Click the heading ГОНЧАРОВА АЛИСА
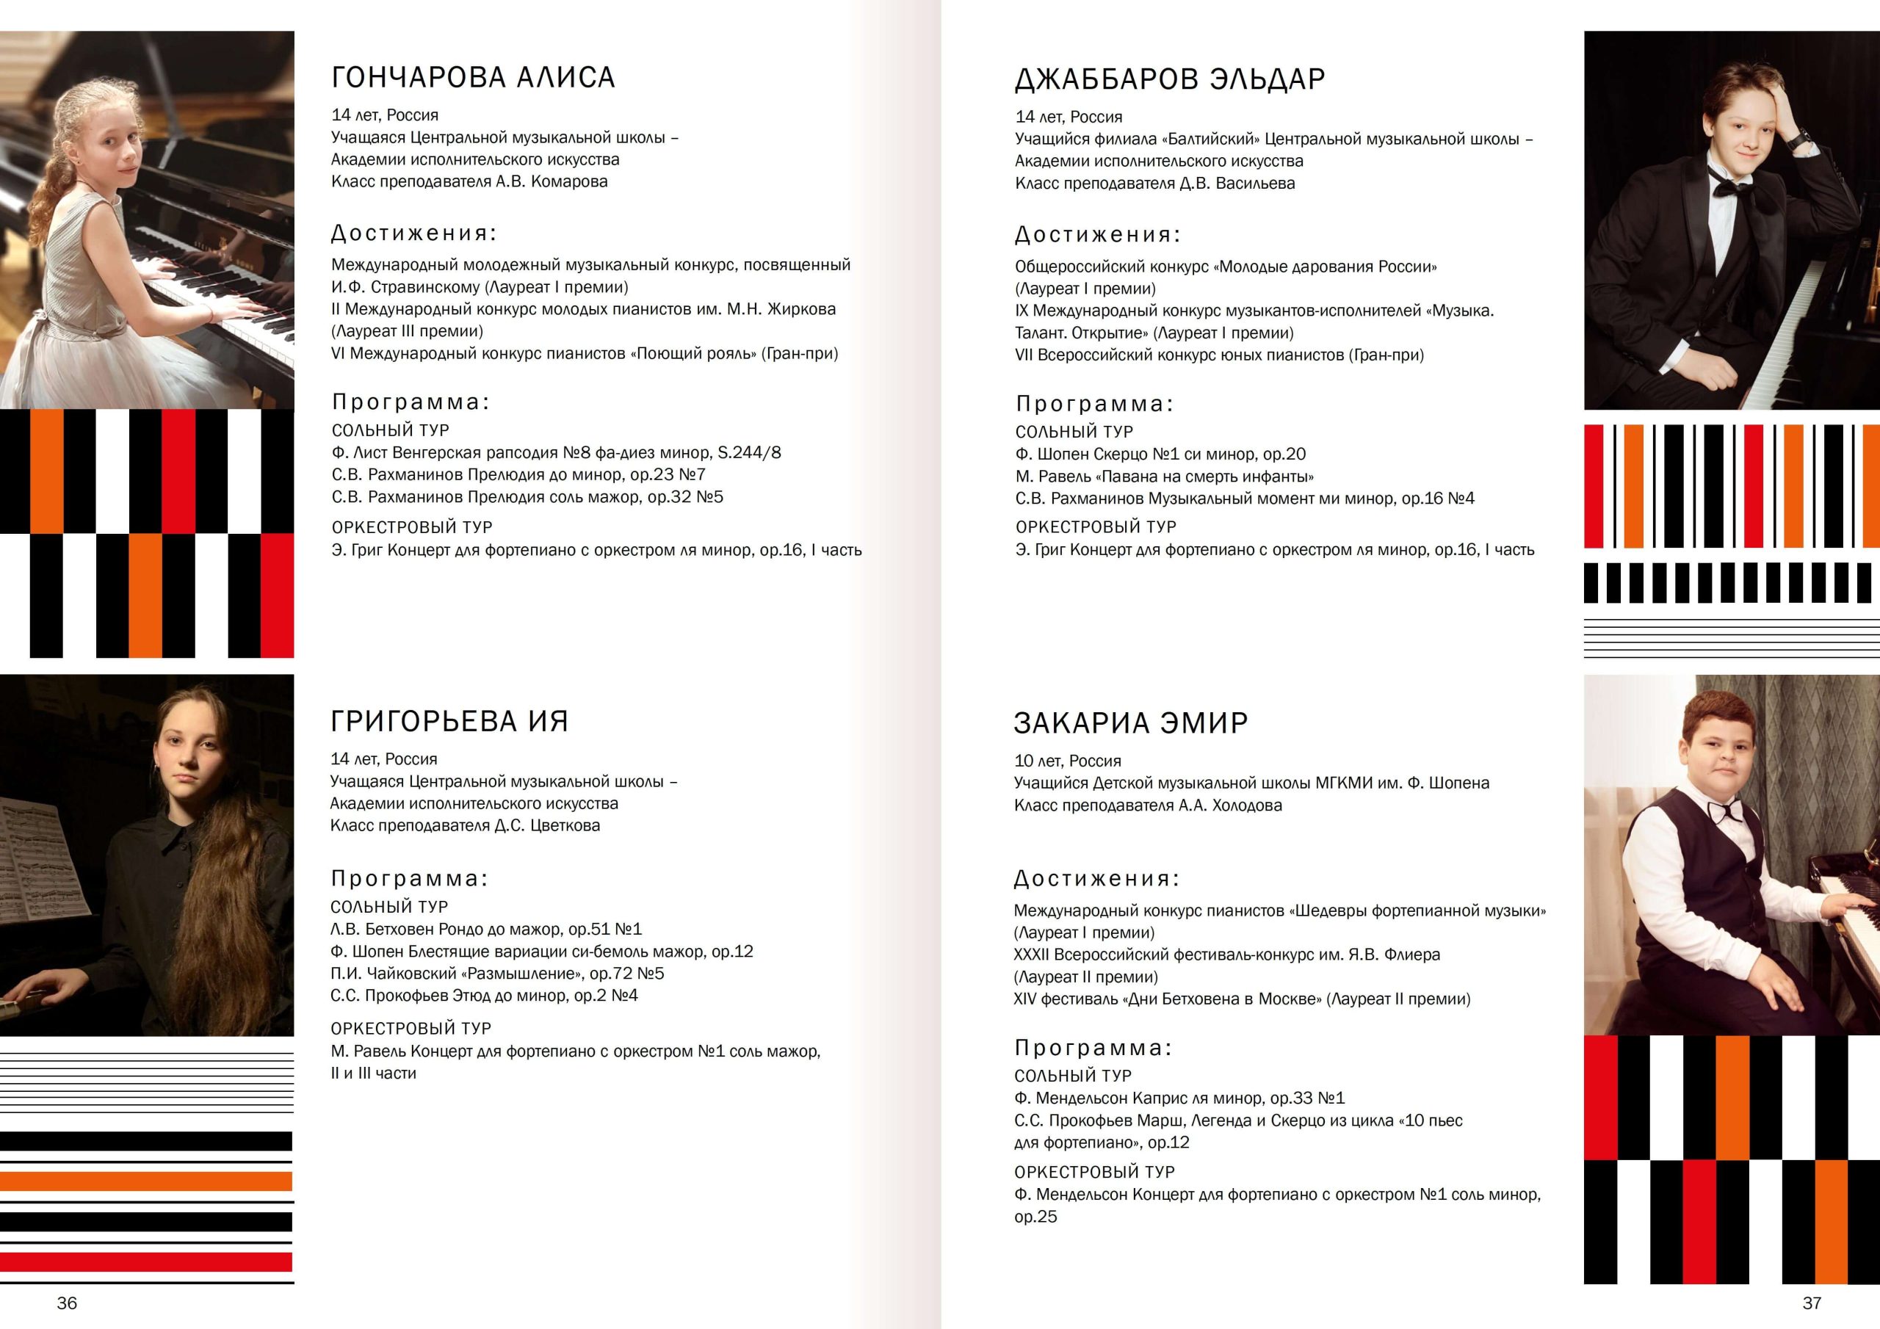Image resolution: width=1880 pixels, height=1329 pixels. coord(472,77)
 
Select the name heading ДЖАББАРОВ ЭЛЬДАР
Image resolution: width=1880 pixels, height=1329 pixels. coord(1169,79)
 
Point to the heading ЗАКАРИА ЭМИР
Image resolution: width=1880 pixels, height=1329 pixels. coord(1131,723)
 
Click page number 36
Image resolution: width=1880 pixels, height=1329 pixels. coord(67,1303)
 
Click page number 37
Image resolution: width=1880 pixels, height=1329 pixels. coord(1812,1303)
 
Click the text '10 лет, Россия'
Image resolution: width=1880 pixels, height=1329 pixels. coord(1067,761)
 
